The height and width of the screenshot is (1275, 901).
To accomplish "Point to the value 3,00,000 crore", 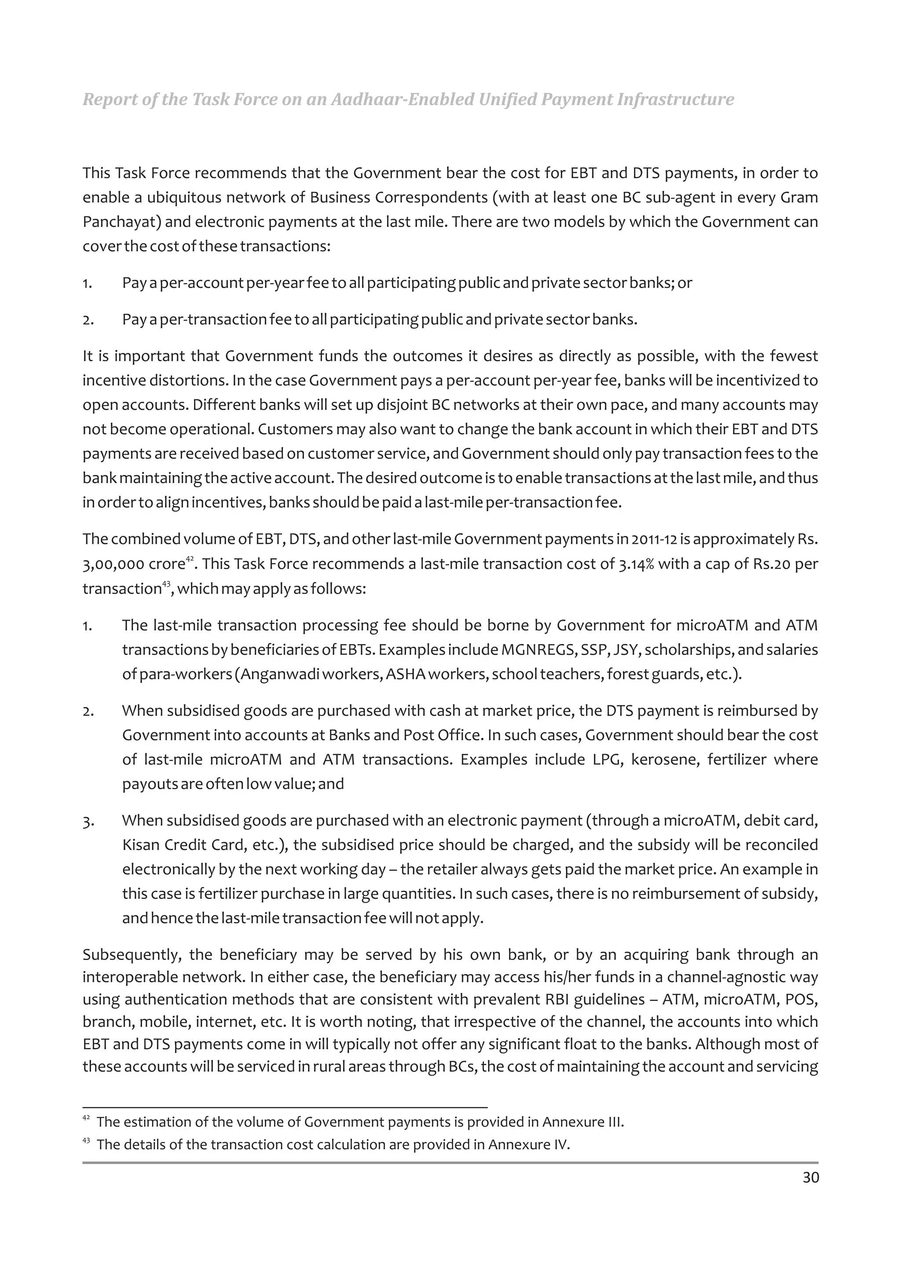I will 133,564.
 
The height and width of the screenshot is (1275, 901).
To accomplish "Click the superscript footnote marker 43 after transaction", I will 165,585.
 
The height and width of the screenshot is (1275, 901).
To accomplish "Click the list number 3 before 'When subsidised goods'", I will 87,821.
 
